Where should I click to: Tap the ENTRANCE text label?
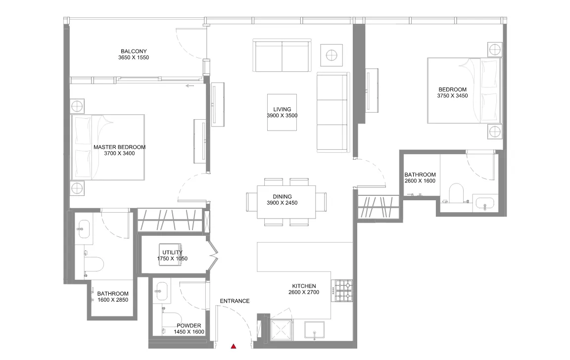[x=235, y=301]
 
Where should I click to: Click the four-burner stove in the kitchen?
[x=343, y=291]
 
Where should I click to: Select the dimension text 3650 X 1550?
[x=134, y=58]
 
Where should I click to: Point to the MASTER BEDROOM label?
[x=119, y=147]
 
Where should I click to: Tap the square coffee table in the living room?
[x=282, y=112]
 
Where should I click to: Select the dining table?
[x=286, y=202]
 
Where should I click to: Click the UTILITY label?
[x=172, y=252]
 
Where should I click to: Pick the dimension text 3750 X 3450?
[x=452, y=96]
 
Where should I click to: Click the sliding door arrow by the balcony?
[x=190, y=86]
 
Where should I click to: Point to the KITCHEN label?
[x=304, y=286]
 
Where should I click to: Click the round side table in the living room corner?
[x=332, y=54]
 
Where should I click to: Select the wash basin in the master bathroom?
[x=83, y=227]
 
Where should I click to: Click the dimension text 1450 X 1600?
[x=189, y=332]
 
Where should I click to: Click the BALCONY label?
[x=134, y=51]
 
